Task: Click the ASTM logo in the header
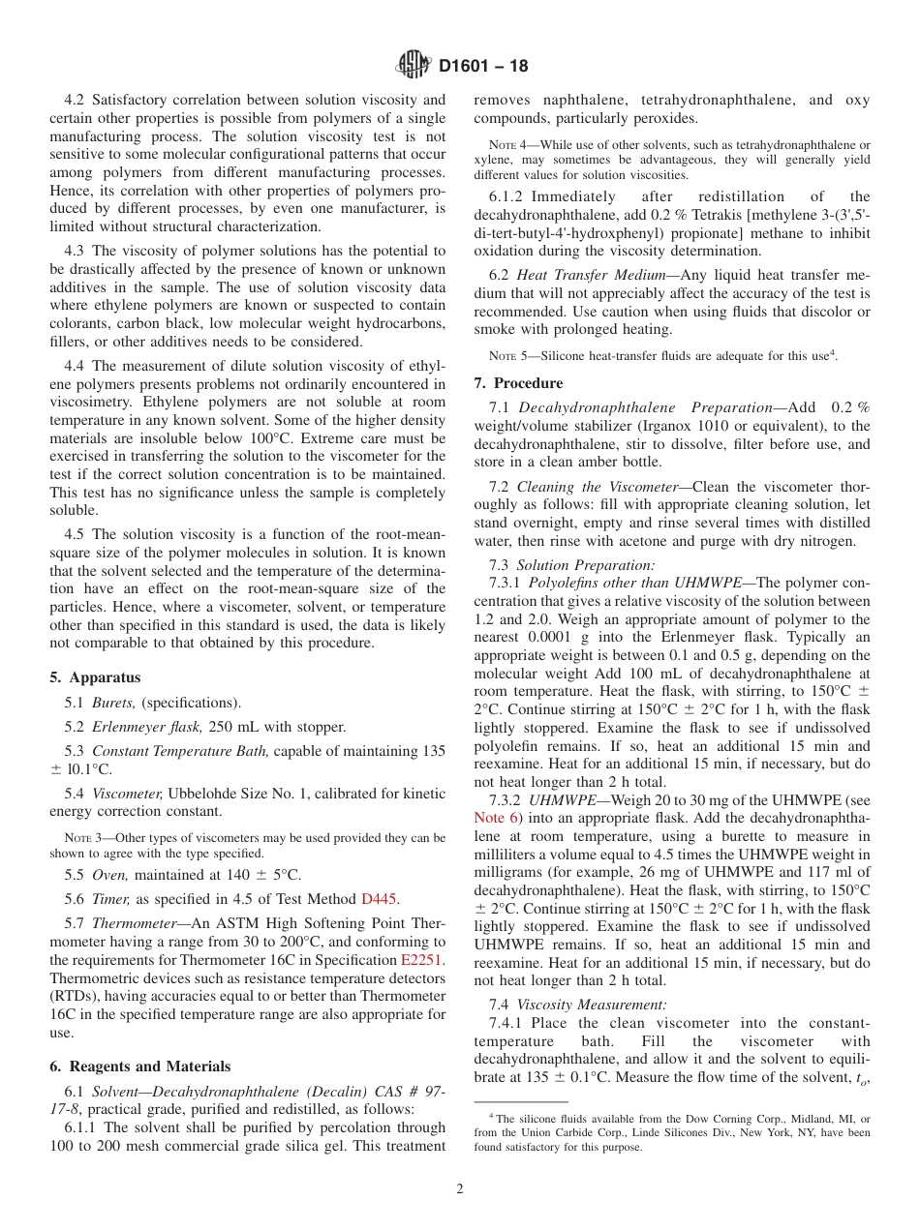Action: tap(414, 66)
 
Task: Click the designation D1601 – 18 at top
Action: tap(483, 67)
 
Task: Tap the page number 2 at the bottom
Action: tap(460, 1189)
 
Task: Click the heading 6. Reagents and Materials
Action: tap(139, 1066)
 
